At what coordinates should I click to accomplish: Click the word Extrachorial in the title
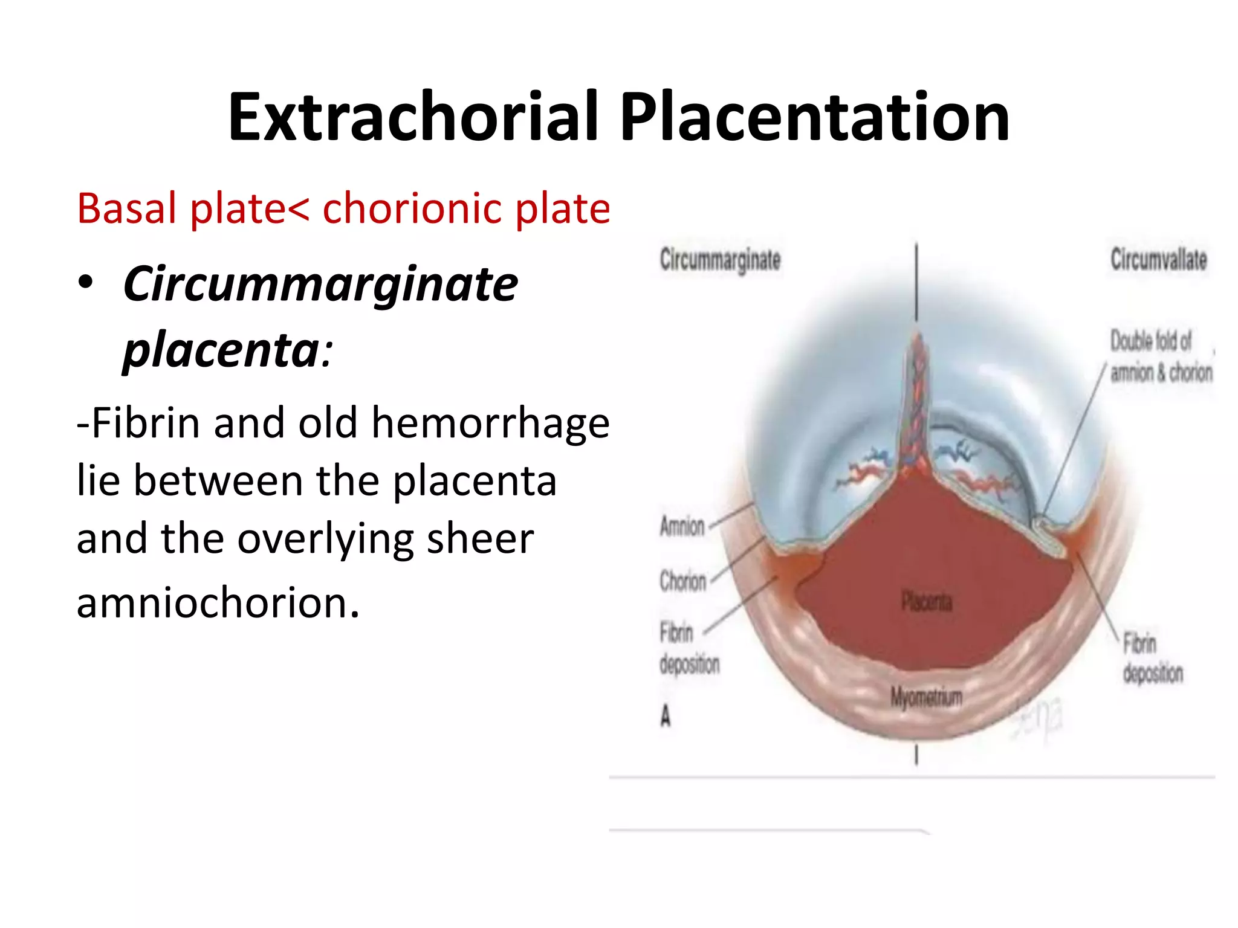(x=413, y=117)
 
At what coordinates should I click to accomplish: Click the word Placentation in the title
(x=814, y=117)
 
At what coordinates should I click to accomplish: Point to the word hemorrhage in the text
(x=490, y=423)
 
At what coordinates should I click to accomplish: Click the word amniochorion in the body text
(x=218, y=602)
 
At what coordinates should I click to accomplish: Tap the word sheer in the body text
(x=480, y=538)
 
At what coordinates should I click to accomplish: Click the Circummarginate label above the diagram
(x=720, y=260)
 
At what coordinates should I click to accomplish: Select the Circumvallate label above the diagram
(x=1158, y=260)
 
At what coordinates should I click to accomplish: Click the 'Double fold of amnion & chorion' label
(x=1161, y=357)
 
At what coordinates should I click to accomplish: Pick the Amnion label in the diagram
(x=682, y=527)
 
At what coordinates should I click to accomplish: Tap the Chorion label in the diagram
(x=682, y=581)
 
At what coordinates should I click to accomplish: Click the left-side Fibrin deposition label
(x=689, y=649)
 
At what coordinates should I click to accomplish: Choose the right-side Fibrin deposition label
(x=1152, y=658)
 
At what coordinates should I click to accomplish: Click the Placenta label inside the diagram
(x=927, y=602)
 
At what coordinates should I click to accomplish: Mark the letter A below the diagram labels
(x=666, y=717)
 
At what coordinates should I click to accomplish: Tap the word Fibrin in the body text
(x=145, y=423)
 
